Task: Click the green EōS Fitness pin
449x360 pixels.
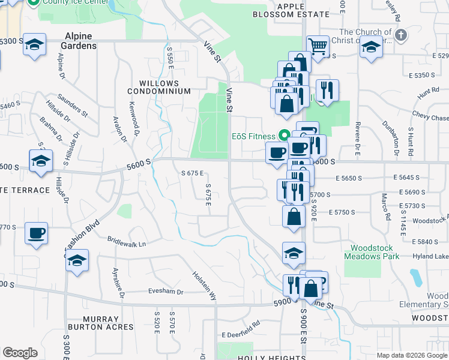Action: click(286, 135)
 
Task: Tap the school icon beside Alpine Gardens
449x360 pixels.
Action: click(35, 45)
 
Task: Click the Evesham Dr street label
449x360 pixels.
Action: click(165, 292)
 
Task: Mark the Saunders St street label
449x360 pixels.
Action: click(73, 105)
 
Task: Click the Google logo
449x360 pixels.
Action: click(20, 353)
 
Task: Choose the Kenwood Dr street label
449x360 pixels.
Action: click(134, 116)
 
